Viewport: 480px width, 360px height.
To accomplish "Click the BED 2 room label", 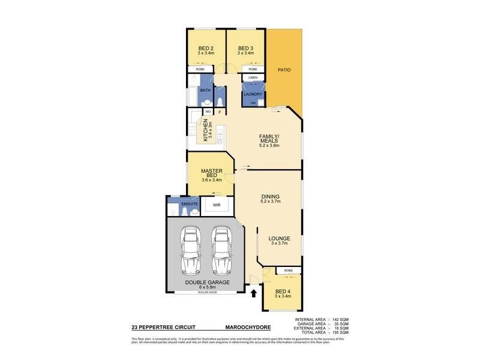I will [x=206, y=49].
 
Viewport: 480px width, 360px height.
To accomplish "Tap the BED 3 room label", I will [x=246, y=49].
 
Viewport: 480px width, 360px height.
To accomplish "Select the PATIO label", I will [x=284, y=70].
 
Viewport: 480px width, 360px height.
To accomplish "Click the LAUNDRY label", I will [x=253, y=94].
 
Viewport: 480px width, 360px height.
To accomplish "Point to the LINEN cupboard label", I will [x=253, y=77].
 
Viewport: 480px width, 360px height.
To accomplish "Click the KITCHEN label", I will [x=205, y=130].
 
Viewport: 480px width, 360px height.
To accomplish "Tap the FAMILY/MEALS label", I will [x=268, y=139].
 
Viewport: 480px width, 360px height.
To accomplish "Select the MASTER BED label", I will [x=211, y=173].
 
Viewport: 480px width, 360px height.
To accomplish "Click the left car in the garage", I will [x=191, y=249].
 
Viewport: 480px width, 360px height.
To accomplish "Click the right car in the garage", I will [x=221, y=249].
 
